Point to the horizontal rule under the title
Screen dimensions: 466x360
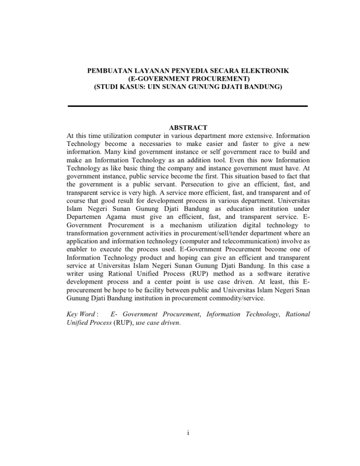187,106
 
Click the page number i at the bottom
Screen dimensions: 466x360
187,432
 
